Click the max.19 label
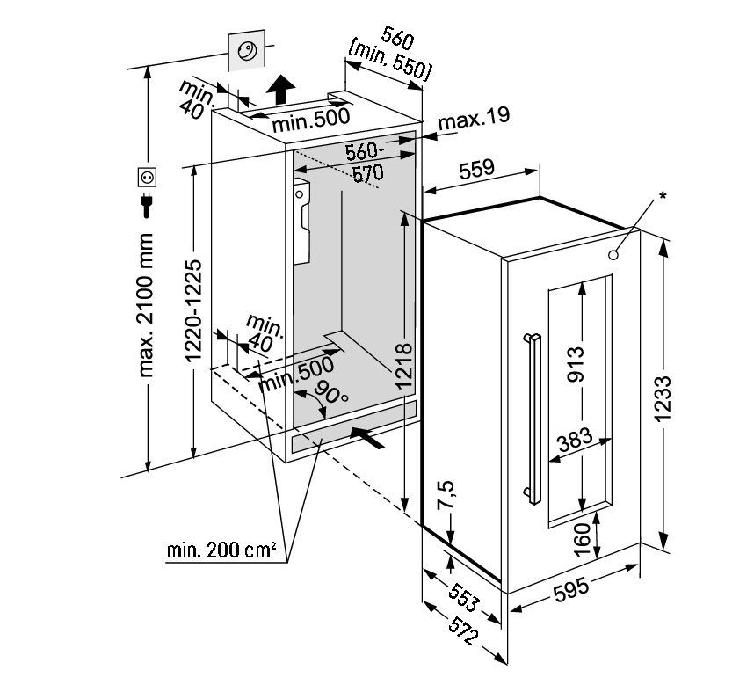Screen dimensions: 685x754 [473, 117]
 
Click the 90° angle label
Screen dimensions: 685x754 [330, 397]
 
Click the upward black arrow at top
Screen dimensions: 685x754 [281, 90]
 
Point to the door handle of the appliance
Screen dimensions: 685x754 [531, 418]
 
